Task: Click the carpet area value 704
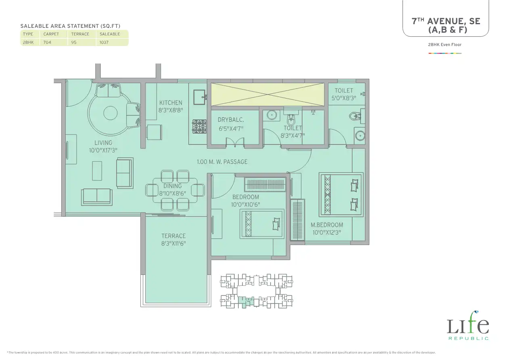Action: pos(47,42)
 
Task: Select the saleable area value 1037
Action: pos(104,42)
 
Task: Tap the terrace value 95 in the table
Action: pos(74,42)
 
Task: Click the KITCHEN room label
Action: pos(171,103)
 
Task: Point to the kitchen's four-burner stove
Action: pos(199,126)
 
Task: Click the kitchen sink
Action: pos(200,97)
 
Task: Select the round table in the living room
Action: pos(111,113)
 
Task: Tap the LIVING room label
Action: pos(103,143)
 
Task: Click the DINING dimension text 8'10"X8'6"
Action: pos(173,194)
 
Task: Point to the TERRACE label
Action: pos(173,236)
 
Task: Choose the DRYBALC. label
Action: pos(231,120)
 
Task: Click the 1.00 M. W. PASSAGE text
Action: pos(222,162)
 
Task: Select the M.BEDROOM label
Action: pos(327,225)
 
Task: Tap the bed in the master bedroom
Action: pos(341,195)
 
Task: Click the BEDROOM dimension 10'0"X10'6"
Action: pos(245,205)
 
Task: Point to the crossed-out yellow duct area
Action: pos(268,94)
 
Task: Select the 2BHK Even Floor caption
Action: pos(445,45)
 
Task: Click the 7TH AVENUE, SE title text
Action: pos(446,21)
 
